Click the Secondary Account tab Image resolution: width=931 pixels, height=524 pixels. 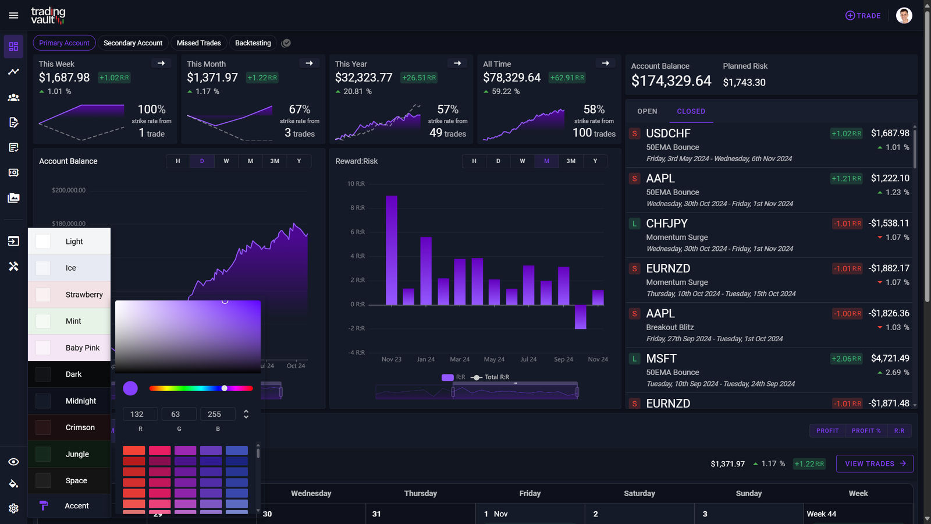click(133, 43)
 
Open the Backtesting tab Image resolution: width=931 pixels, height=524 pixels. click(253, 43)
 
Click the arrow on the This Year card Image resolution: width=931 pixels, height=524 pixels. click(457, 63)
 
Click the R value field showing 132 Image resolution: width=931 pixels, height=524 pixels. click(140, 414)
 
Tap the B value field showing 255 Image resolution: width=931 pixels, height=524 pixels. click(217, 414)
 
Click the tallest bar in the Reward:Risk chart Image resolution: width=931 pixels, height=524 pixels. click(392, 250)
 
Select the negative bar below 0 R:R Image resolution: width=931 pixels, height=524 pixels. click(580, 317)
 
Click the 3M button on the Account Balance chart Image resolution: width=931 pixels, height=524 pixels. click(275, 161)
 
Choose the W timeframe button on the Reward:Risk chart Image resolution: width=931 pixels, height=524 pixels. click(523, 161)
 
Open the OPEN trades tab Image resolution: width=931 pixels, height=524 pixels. click(647, 111)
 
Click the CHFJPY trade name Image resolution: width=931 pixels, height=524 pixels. click(667, 224)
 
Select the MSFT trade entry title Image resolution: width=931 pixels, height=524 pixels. click(661, 359)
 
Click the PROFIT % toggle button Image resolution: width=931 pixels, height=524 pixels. click(866, 431)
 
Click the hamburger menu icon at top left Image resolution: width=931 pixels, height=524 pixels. click(13, 16)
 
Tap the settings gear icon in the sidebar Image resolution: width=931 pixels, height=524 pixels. click(13, 508)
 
